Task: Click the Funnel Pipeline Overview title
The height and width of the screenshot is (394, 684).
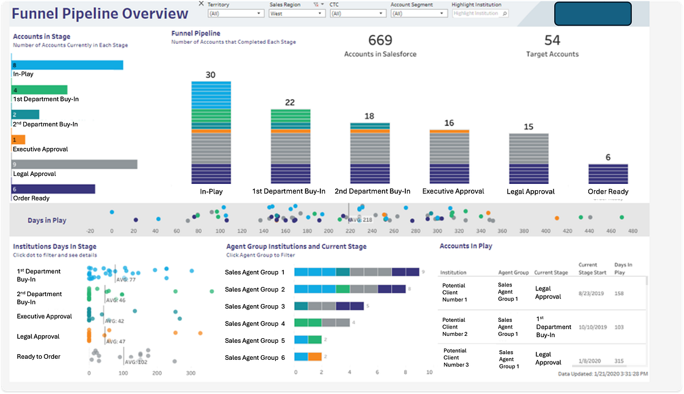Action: tap(100, 14)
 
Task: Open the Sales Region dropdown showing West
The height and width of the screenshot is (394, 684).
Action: tap(296, 13)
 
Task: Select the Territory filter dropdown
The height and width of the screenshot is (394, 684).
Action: tap(235, 13)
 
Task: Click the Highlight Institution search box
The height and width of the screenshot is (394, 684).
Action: tap(479, 13)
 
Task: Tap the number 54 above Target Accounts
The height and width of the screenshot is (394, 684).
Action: tap(552, 40)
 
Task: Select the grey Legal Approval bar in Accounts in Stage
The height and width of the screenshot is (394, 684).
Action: tap(74, 165)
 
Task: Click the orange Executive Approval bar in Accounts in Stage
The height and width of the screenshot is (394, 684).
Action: tap(18, 139)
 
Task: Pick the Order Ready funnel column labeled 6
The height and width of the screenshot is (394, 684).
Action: tap(608, 174)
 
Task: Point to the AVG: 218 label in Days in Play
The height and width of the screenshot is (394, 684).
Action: tap(360, 219)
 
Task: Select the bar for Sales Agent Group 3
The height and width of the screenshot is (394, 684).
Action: tap(328, 306)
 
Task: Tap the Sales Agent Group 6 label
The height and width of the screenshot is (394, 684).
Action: tap(255, 358)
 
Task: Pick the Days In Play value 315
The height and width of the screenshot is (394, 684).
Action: tap(620, 361)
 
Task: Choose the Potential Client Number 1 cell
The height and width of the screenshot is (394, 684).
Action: tap(454, 292)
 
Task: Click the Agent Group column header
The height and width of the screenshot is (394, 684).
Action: tap(513, 273)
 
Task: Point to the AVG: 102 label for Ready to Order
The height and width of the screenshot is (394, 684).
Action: tap(136, 362)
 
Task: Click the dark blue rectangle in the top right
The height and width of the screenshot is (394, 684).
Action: tap(592, 14)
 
